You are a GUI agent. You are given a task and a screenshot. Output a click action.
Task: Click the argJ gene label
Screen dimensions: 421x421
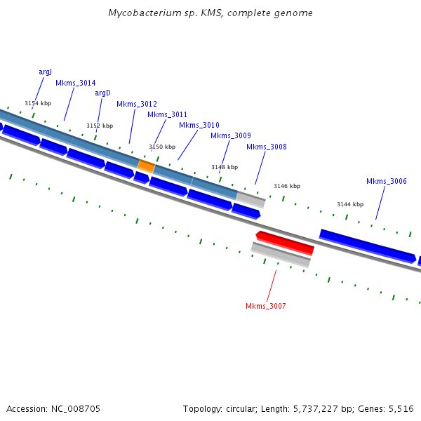pyautogui.click(x=45, y=72)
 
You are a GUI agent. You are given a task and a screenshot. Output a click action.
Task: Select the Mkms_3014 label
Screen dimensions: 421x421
pyautogui.click(x=75, y=83)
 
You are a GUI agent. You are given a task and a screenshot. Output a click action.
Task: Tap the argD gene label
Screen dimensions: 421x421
pyautogui.click(x=102, y=93)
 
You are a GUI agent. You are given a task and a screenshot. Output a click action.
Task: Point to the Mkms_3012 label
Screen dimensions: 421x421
pyautogui.click(x=137, y=104)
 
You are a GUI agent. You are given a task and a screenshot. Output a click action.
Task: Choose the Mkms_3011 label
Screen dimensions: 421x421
pyautogui.click(x=167, y=114)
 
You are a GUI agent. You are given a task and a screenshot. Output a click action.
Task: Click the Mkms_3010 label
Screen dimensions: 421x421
pyautogui.click(x=199, y=125)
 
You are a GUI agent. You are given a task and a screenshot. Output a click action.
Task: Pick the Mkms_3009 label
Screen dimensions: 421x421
pyautogui.click(x=230, y=135)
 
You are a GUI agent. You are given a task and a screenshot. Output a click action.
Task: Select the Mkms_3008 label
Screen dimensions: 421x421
pyautogui.click(x=266, y=147)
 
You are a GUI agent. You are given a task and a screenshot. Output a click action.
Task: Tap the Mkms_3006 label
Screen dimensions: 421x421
pyautogui.click(x=386, y=181)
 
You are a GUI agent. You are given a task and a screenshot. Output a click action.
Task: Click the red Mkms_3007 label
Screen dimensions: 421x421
pyautogui.click(x=265, y=306)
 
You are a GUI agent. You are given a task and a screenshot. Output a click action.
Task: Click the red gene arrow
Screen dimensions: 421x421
pyautogui.click(x=285, y=242)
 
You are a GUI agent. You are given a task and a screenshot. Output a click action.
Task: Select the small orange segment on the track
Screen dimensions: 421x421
pyautogui.click(x=146, y=166)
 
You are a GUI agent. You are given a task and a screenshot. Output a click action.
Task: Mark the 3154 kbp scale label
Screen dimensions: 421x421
pyautogui.click(x=38, y=103)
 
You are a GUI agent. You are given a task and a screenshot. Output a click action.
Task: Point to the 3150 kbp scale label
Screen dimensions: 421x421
pyautogui.click(x=162, y=147)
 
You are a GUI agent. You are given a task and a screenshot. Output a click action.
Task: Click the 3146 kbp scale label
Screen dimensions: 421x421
pyautogui.click(x=286, y=186)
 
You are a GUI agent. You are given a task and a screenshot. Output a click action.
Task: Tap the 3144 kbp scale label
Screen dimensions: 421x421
pyautogui.click(x=349, y=204)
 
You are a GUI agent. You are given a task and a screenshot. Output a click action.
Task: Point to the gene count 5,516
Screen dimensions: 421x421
pyautogui.click(x=400, y=408)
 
